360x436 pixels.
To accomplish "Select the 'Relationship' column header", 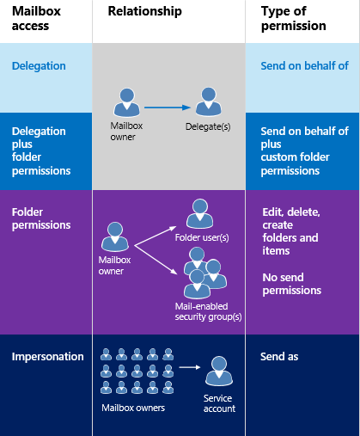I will (x=143, y=11).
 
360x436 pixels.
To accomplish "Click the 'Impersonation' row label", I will (x=47, y=356).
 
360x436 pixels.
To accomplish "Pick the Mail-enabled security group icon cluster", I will (x=202, y=268).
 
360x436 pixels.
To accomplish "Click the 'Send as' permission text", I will (x=279, y=356).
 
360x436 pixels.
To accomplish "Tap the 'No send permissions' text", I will (x=291, y=283).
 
